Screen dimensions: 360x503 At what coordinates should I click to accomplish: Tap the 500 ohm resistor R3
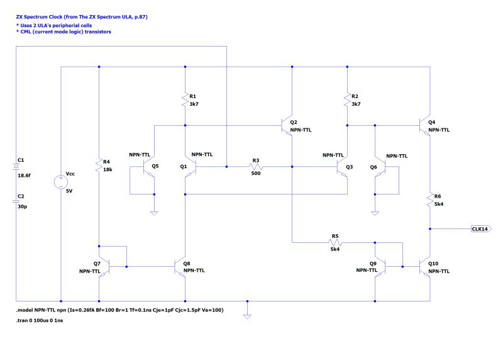tap(257, 167)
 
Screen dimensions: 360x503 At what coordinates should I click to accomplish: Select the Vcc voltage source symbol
tap(61, 182)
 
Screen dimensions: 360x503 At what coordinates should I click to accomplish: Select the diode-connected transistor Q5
tap(150, 167)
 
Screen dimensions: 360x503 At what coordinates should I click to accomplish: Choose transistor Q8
tap(180, 267)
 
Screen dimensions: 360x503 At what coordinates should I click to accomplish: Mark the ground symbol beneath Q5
tap(154, 213)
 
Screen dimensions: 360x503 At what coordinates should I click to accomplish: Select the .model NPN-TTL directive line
tap(119, 310)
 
